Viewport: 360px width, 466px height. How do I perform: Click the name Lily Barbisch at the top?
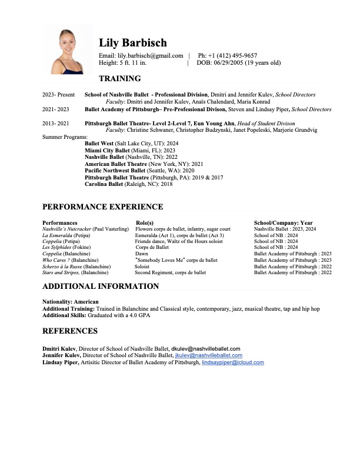click(132, 43)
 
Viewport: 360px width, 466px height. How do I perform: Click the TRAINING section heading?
click(119, 78)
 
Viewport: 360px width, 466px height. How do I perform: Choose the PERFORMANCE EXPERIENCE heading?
click(102, 207)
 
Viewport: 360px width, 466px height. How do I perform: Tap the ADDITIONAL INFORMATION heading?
click(100, 286)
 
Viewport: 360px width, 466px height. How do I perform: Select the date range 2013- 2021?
click(55, 123)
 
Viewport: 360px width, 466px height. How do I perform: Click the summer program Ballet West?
click(99, 144)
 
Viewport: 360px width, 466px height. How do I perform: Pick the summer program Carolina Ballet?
click(104, 184)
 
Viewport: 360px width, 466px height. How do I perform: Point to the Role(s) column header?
click(144, 223)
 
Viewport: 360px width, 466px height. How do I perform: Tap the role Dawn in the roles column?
click(141, 254)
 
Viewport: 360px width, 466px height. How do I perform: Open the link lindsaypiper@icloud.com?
click(232, 362)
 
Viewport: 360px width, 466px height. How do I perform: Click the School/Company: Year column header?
click(283, 223)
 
